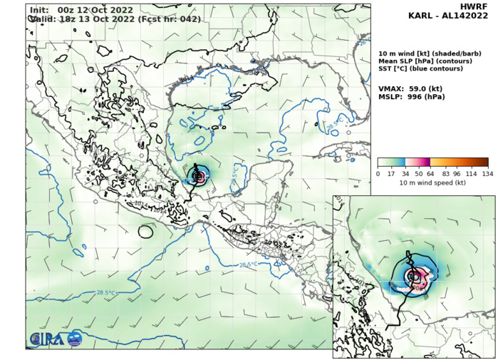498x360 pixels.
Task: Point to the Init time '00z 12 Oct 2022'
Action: (x=86, y=9)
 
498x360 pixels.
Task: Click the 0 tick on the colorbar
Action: (x=378, y=173)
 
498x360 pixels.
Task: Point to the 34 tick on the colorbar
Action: (x=405, y=173)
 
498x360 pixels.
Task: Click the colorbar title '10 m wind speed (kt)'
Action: (x=432, y=182)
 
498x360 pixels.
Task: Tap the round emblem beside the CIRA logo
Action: (x=74, y=338)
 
